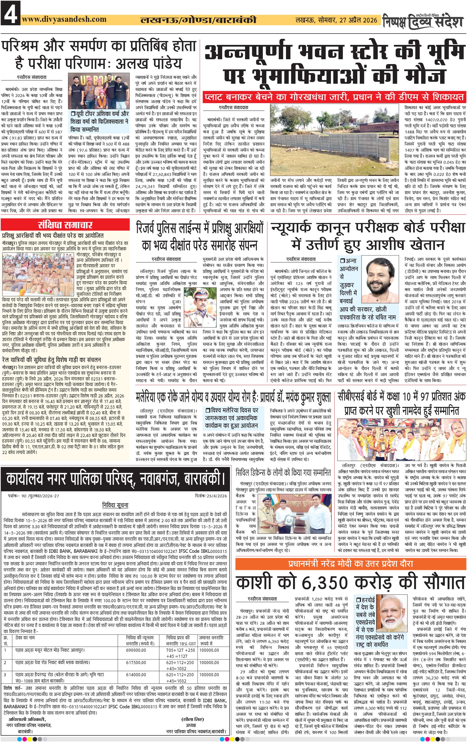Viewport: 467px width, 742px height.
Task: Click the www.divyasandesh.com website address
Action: click(x=64, y=19)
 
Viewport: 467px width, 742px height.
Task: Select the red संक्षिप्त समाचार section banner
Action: click(x=65, y=225)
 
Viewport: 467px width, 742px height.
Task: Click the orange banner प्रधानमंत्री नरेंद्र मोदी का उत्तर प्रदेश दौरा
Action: click(x=350, y=563)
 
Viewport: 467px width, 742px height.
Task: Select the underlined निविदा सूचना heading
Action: click(x=115, y=505)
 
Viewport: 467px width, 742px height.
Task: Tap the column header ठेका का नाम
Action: click(x=25, y=637)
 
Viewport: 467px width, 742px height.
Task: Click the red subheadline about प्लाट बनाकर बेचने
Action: click(x=334, y=97)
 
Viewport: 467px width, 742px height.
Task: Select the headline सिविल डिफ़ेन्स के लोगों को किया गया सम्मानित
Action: click(x=283, y=473)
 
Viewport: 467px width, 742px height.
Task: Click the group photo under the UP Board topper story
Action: click(x=98, y=91)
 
